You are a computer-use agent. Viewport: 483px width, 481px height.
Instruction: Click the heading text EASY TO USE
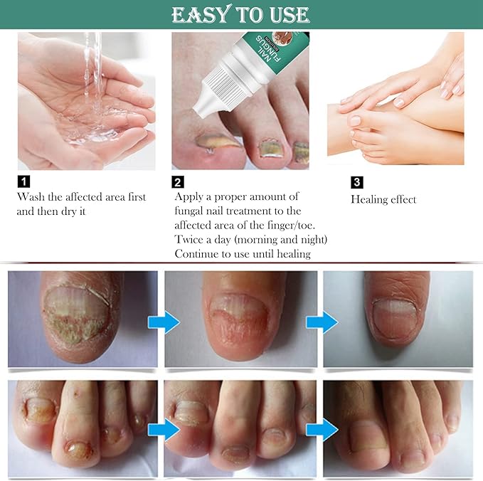[x=240, y=14]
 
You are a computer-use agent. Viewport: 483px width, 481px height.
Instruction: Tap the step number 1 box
[x=23, y=181]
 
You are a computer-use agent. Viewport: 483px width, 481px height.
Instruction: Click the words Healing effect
[x=383, y=200]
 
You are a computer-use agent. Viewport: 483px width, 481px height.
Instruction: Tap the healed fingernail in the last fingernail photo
[x=396, y=314]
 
